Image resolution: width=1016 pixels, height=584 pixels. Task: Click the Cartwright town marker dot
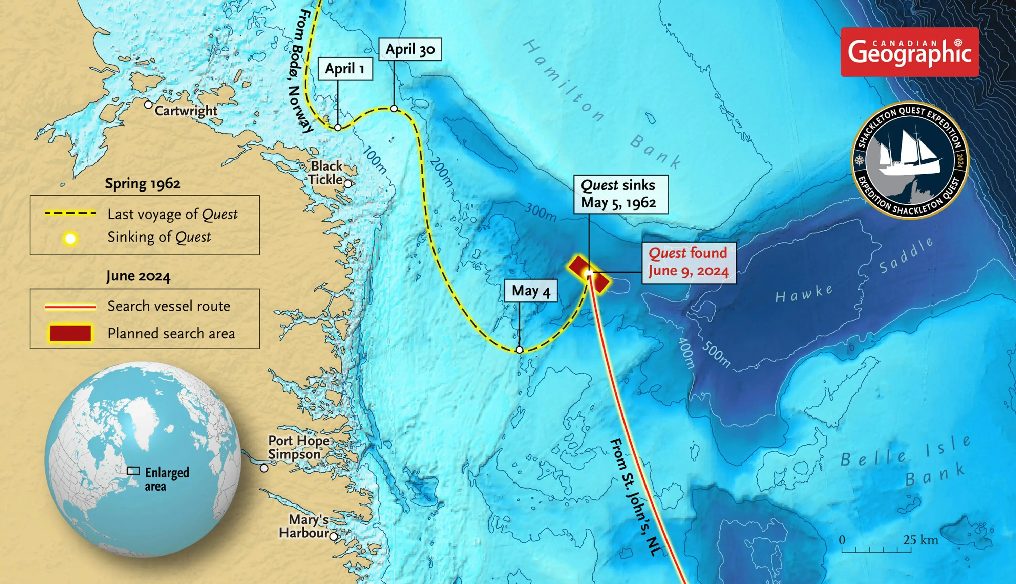(x=148, y=105)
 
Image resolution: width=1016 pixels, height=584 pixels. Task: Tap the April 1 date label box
(x=345, y=69)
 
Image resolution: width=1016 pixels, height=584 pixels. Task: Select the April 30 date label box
(x=410, y=49)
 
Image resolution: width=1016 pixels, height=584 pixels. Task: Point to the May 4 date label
(x=531, y=290)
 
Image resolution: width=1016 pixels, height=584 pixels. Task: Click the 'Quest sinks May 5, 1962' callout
(x=620, y=194)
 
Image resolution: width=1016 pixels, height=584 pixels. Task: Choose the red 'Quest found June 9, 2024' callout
(x=689, y=263)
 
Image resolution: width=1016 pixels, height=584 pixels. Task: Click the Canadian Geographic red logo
(x=909, y=52)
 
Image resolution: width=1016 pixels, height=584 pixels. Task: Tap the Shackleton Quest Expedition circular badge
(x=910, y=160)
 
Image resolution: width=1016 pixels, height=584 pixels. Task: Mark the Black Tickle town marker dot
(x=347, y=184)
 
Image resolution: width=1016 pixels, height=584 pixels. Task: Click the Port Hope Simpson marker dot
(x=264, y=468)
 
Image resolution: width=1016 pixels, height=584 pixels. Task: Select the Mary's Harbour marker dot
(x=333, y=536)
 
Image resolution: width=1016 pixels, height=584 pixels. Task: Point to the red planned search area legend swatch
(x=70, y=333)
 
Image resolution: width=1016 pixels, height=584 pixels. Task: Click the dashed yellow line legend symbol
(x=70, y=213)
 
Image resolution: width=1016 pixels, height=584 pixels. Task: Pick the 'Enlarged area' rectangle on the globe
(x=133, y=471)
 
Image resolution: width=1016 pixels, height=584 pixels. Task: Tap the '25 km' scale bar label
(x=920, y=540)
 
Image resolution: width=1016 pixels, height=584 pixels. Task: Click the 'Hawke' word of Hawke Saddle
(x=804, y=294)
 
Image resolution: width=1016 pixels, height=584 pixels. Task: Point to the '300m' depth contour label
(x=541, y=212)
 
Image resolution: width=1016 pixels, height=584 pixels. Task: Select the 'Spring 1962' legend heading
(x=143, y=184)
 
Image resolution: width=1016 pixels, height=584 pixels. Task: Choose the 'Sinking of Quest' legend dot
(x=70, y=239)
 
